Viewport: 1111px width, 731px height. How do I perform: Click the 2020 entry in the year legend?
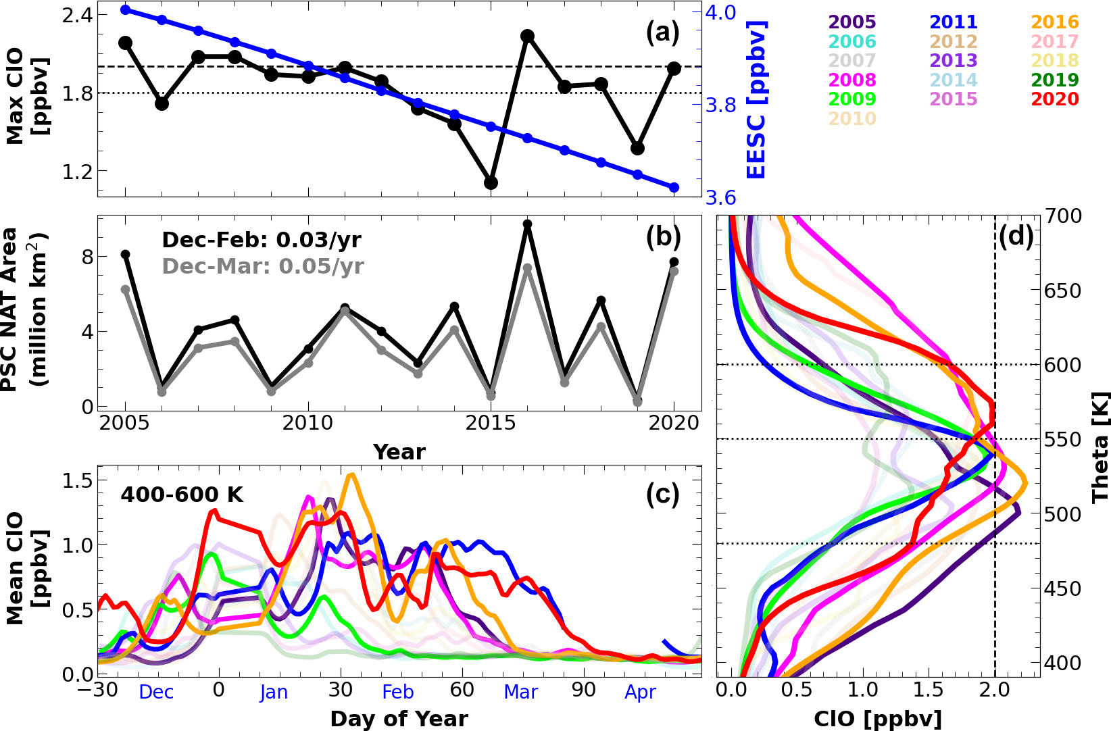[x=1055, y=99]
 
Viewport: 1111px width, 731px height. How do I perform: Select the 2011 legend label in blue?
[x=954, y=22]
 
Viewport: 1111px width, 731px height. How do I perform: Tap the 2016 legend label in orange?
[x=1055, y=22]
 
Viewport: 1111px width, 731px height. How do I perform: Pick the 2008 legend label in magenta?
[x=852, y=80]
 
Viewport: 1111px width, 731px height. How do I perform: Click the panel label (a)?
[x=662, y=32]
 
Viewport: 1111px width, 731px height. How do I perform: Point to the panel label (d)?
[x=1016, y=236]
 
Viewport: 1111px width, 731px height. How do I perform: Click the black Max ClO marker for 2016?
[x=528, y=36]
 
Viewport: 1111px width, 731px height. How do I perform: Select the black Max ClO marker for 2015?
[x=491, y=182]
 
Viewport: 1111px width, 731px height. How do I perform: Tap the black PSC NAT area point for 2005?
[x=125, y=255]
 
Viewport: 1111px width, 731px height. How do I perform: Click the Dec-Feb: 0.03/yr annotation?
[x=262, y=240]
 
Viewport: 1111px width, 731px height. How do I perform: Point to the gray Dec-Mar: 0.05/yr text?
[x=263, y=266]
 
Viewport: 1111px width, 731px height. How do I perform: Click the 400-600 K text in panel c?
[x=182, y=495]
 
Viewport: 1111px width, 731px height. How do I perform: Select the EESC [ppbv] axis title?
[x=757, y=99]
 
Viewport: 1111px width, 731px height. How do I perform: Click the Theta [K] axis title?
[x=1100, y=446]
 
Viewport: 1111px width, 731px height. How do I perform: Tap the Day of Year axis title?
[x=399, y=719]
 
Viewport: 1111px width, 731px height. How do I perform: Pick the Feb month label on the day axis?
[x=398, y=692]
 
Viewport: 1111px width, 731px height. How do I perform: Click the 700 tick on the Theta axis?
[x=1064, y=216]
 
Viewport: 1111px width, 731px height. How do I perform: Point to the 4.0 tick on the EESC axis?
[x=721, y=13]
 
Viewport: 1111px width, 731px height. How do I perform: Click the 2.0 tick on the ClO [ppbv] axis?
[x=994, y=690]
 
